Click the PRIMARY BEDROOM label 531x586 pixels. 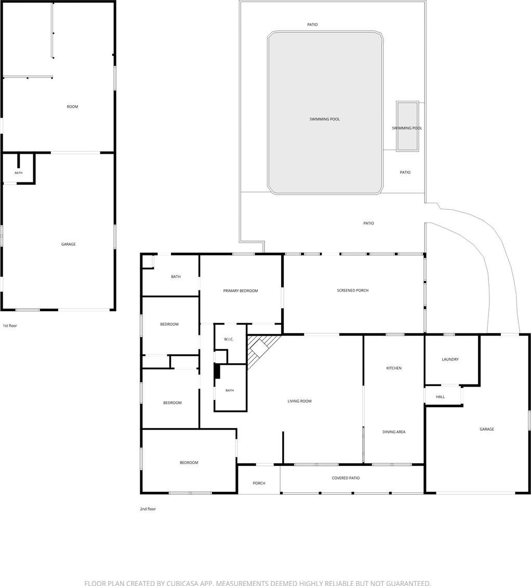[x=240, y=291]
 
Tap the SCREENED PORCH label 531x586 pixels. [x=352, y=290]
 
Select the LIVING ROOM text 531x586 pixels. [x=299, y=401]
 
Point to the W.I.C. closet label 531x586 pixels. [x=229, y=339]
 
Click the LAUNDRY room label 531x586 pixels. [x=450, y=359]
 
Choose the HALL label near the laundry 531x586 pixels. [x=440, y=397]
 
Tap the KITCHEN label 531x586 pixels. [x=394, y=368]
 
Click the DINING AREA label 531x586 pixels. [x=394, y=432]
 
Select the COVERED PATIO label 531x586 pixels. [x=346, y=478]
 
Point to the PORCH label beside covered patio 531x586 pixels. [x=259, y=483]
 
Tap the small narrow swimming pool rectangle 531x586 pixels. [x=407, y=126]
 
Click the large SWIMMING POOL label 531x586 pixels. [x=325, y=119]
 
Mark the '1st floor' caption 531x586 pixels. [x=10, y=326]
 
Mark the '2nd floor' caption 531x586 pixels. [x=148, y=509]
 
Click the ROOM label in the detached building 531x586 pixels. [x=73, y=107]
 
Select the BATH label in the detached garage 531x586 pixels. [x=19, y=172]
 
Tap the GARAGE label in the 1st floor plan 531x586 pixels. [x=69, y=244]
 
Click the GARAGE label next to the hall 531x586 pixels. [x=487, y=429]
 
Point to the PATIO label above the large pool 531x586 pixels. [x=312, y=24]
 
